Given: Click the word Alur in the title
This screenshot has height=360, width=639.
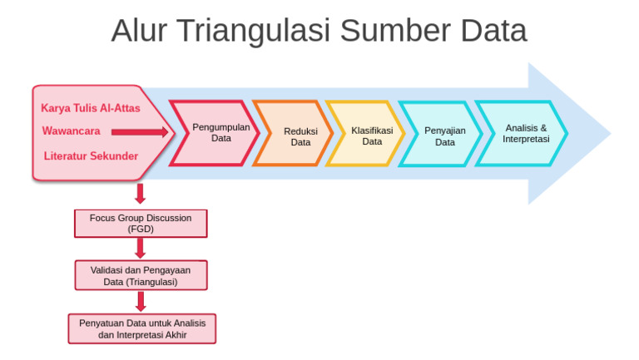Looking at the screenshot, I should click(x=138, y=31).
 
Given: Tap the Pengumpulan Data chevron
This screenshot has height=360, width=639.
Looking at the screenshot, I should click(x=219, y=133).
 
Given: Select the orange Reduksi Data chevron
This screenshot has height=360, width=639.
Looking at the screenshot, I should click(x=299, y=136).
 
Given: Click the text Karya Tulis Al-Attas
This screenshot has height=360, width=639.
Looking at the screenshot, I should click(x=91, y=108).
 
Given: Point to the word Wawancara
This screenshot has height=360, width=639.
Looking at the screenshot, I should click(x=71, y=131).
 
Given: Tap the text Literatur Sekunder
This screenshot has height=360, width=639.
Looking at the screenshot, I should click(x=91, y=155).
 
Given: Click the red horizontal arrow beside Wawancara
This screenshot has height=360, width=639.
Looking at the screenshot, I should click(x=140, y=131).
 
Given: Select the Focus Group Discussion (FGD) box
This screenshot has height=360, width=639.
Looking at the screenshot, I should click(x=140, y=223).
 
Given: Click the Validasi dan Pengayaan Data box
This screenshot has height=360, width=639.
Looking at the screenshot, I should click(x=140, y=275).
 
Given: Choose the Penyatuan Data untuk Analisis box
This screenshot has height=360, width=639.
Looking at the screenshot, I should click(x=141, y=328).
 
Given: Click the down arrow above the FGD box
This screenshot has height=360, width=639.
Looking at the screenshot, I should click(x=140, y=195).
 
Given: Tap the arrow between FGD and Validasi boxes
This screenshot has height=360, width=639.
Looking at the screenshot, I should click(x=140, y=248).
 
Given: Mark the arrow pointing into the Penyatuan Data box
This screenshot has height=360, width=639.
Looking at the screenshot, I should click(x=140, y=301).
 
